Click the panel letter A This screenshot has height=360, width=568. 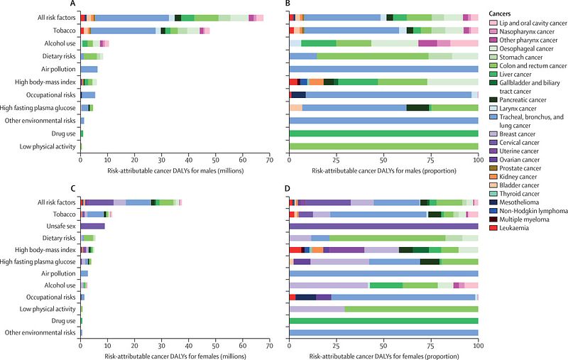tap(83, 4)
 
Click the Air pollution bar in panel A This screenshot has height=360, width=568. tap(89, 69)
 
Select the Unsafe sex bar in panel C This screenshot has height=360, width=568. tap(92, 226)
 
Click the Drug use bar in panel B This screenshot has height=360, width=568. tap(383, 133)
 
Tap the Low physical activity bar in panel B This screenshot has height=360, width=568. tap(383, 146)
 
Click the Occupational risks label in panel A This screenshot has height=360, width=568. tap(48, 94)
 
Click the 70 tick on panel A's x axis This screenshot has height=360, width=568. tap(270, 160)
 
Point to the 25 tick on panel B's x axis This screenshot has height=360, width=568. tap(337, 160)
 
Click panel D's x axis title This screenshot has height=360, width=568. tap(383, 354)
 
